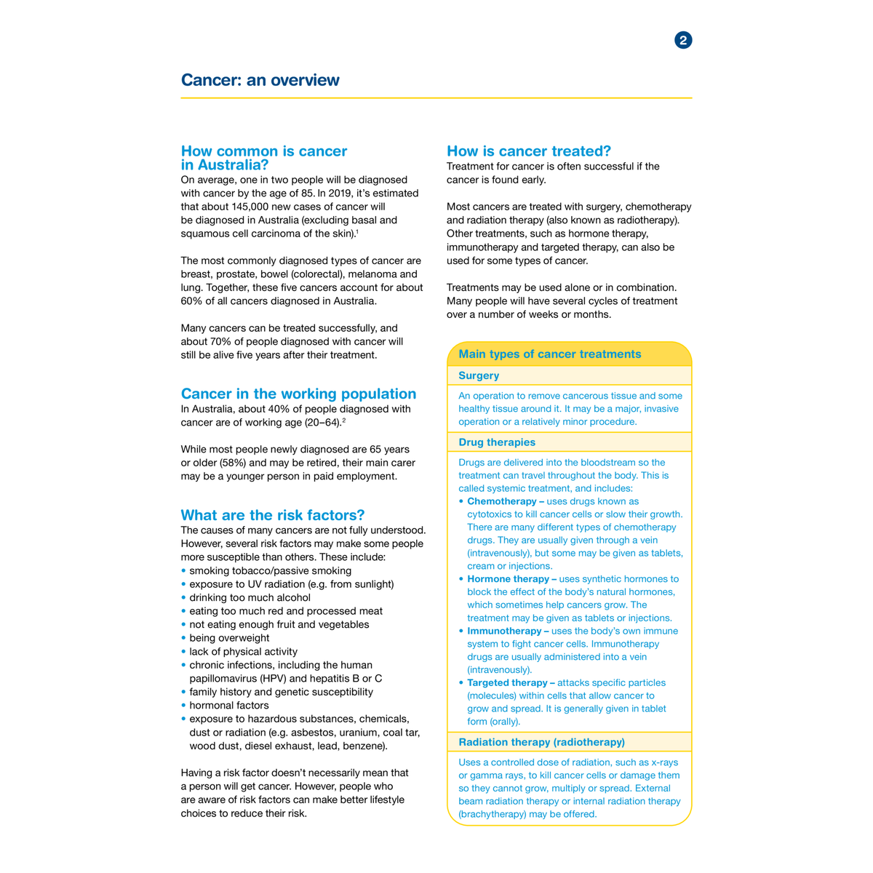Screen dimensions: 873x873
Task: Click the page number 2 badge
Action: pyautogui.click(x=683, y=40)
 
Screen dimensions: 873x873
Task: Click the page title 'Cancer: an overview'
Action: pyautogui.click(x=260, y=80)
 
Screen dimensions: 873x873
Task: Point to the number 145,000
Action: pyautogui.click(x=252, y=207)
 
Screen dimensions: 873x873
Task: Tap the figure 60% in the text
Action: pyautogui.click(x=192, y=301)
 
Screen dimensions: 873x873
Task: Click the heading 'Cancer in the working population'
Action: pyautogui.click(x=298, y=394)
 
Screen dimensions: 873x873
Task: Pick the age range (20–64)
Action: pyautogui.click(x=322, y=423)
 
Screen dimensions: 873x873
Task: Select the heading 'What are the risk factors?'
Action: pyautogui.click(x=273, y=515)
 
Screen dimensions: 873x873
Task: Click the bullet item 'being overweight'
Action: pyautogui.click(x=229, y=638)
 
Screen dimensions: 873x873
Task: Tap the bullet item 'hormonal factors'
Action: pyautogui.click(x=229, y=705)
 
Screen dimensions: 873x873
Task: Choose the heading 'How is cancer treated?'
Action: pyautogui.click(x=529, y=151)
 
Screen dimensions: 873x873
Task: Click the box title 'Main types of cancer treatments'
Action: pyautogui.click(x=550, y=354)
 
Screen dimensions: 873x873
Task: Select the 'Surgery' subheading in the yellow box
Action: pyautogui.click(x=479, y=375)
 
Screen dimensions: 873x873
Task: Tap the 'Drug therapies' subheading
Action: pyautogui.click(x=497, y=442)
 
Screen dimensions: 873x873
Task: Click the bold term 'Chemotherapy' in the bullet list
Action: pyautogui.click(x=501, y=501)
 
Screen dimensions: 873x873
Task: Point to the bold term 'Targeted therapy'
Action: pyautogui.click(x=506, y=682)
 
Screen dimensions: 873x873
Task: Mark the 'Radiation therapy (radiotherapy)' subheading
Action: pyautogui.click(x=541, y=742)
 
